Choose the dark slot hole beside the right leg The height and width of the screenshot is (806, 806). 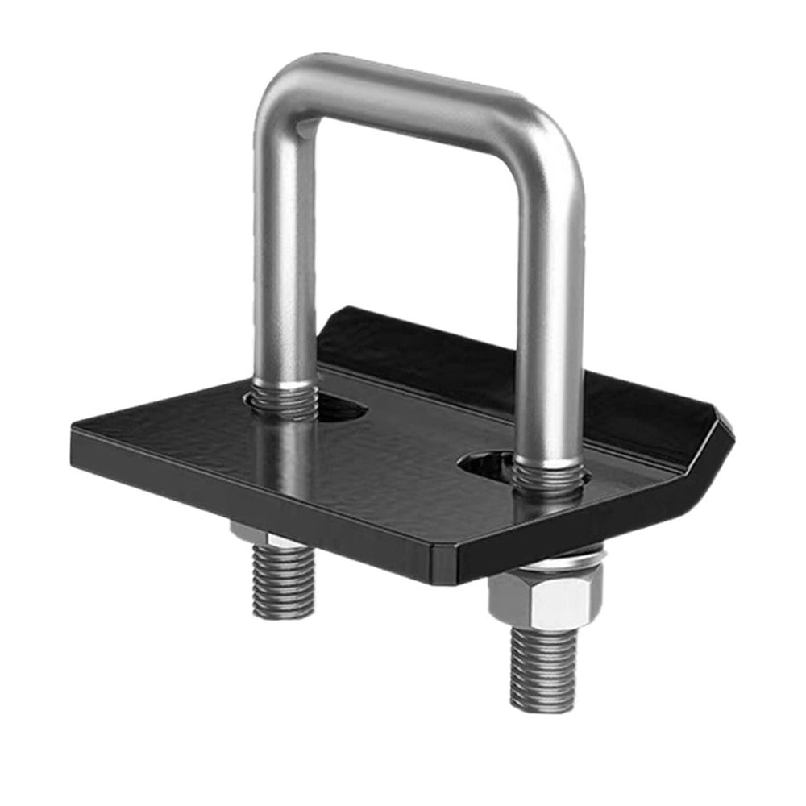484,463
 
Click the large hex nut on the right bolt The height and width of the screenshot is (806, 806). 544,596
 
